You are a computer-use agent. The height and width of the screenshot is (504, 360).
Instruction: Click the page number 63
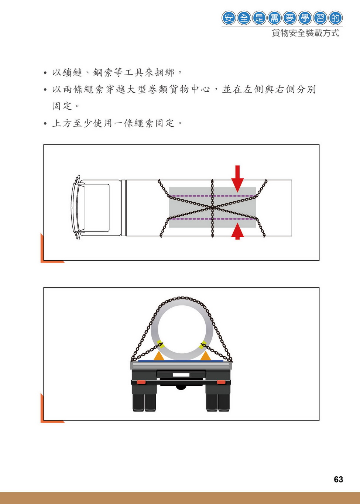click(338, 480)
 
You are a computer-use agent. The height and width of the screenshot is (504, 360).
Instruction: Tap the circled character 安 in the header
click(229, 18)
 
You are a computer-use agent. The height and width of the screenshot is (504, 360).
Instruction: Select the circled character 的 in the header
click(336, 18)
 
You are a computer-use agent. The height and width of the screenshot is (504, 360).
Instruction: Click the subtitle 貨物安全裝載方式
click(305, 33)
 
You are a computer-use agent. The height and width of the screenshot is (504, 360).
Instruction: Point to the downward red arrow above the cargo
click(237, 179)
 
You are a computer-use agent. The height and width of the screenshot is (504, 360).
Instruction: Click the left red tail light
click(141, 382)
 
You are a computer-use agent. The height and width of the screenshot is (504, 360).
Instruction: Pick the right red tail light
click(221, 382)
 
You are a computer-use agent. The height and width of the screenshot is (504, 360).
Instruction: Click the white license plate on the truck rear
click(181, 375)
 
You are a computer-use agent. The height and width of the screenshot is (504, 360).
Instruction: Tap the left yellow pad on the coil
click(160, 344)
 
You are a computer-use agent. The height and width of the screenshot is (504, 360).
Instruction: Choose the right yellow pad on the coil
click(203, 344)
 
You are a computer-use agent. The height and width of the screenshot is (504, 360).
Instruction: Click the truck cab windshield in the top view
click(81, 207)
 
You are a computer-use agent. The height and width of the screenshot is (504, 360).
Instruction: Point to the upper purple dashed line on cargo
click(212, 196)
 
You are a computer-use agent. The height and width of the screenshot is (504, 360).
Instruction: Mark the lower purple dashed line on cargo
click(212, 219)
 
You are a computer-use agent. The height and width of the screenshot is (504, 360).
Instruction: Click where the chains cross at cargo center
click(212, 208)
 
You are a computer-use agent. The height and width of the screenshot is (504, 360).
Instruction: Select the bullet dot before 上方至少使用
click(45, 124)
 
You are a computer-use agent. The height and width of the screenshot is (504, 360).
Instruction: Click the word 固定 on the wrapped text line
click(62, 106)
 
